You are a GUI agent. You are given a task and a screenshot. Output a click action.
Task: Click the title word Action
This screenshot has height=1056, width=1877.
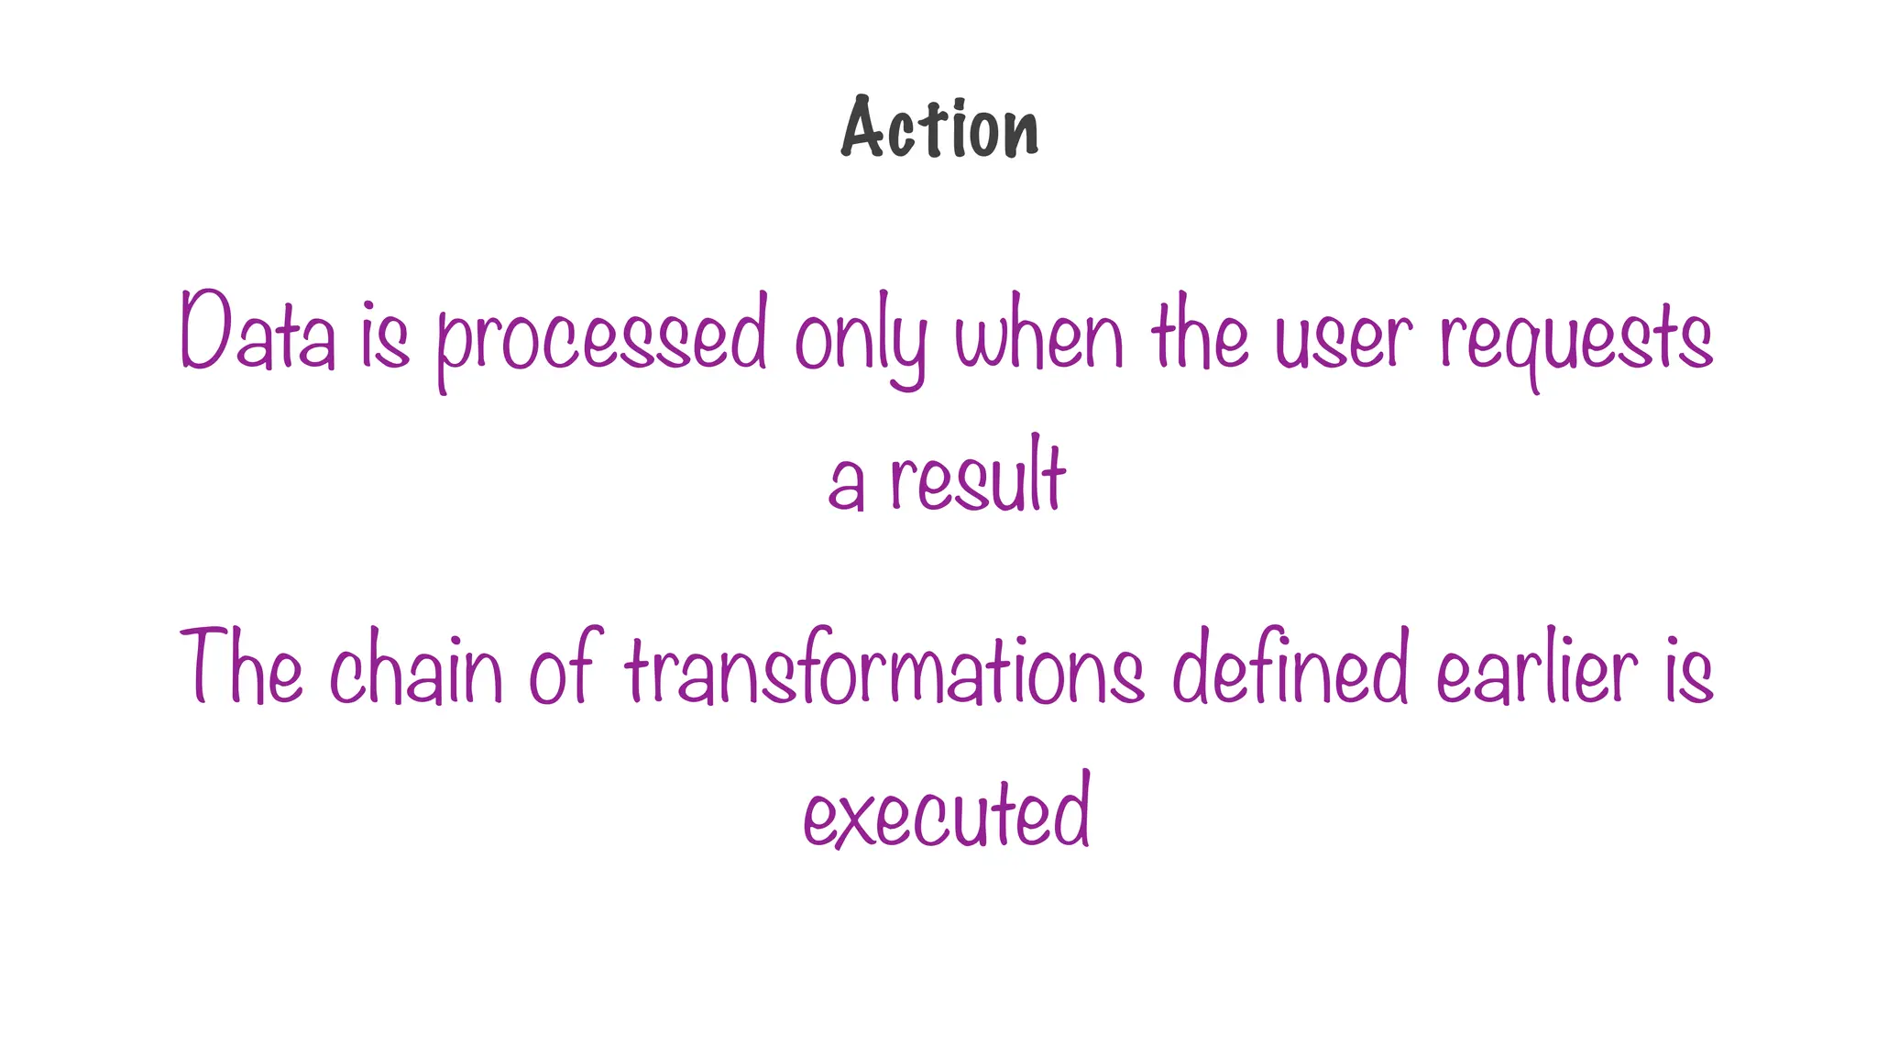pos(940,129)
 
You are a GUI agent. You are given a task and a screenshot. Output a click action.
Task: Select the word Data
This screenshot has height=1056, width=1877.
pos(258,332)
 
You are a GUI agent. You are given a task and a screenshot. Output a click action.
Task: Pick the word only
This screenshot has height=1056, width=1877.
pos(861,339)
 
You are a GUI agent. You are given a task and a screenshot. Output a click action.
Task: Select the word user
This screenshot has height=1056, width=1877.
pos(1344,339)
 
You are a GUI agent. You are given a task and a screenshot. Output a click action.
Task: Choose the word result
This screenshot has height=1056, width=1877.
pos(978,477)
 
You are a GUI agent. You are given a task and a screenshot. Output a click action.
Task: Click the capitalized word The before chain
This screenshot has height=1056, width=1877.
pos(242,666)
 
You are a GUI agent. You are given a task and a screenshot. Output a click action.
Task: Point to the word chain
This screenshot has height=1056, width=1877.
pos(417,668)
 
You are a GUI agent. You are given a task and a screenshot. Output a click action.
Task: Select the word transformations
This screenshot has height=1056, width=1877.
pos(884,668)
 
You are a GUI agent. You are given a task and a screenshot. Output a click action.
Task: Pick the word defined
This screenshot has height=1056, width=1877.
pos(1290,666)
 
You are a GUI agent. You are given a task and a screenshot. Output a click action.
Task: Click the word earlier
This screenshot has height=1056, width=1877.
pos(1537,668)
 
